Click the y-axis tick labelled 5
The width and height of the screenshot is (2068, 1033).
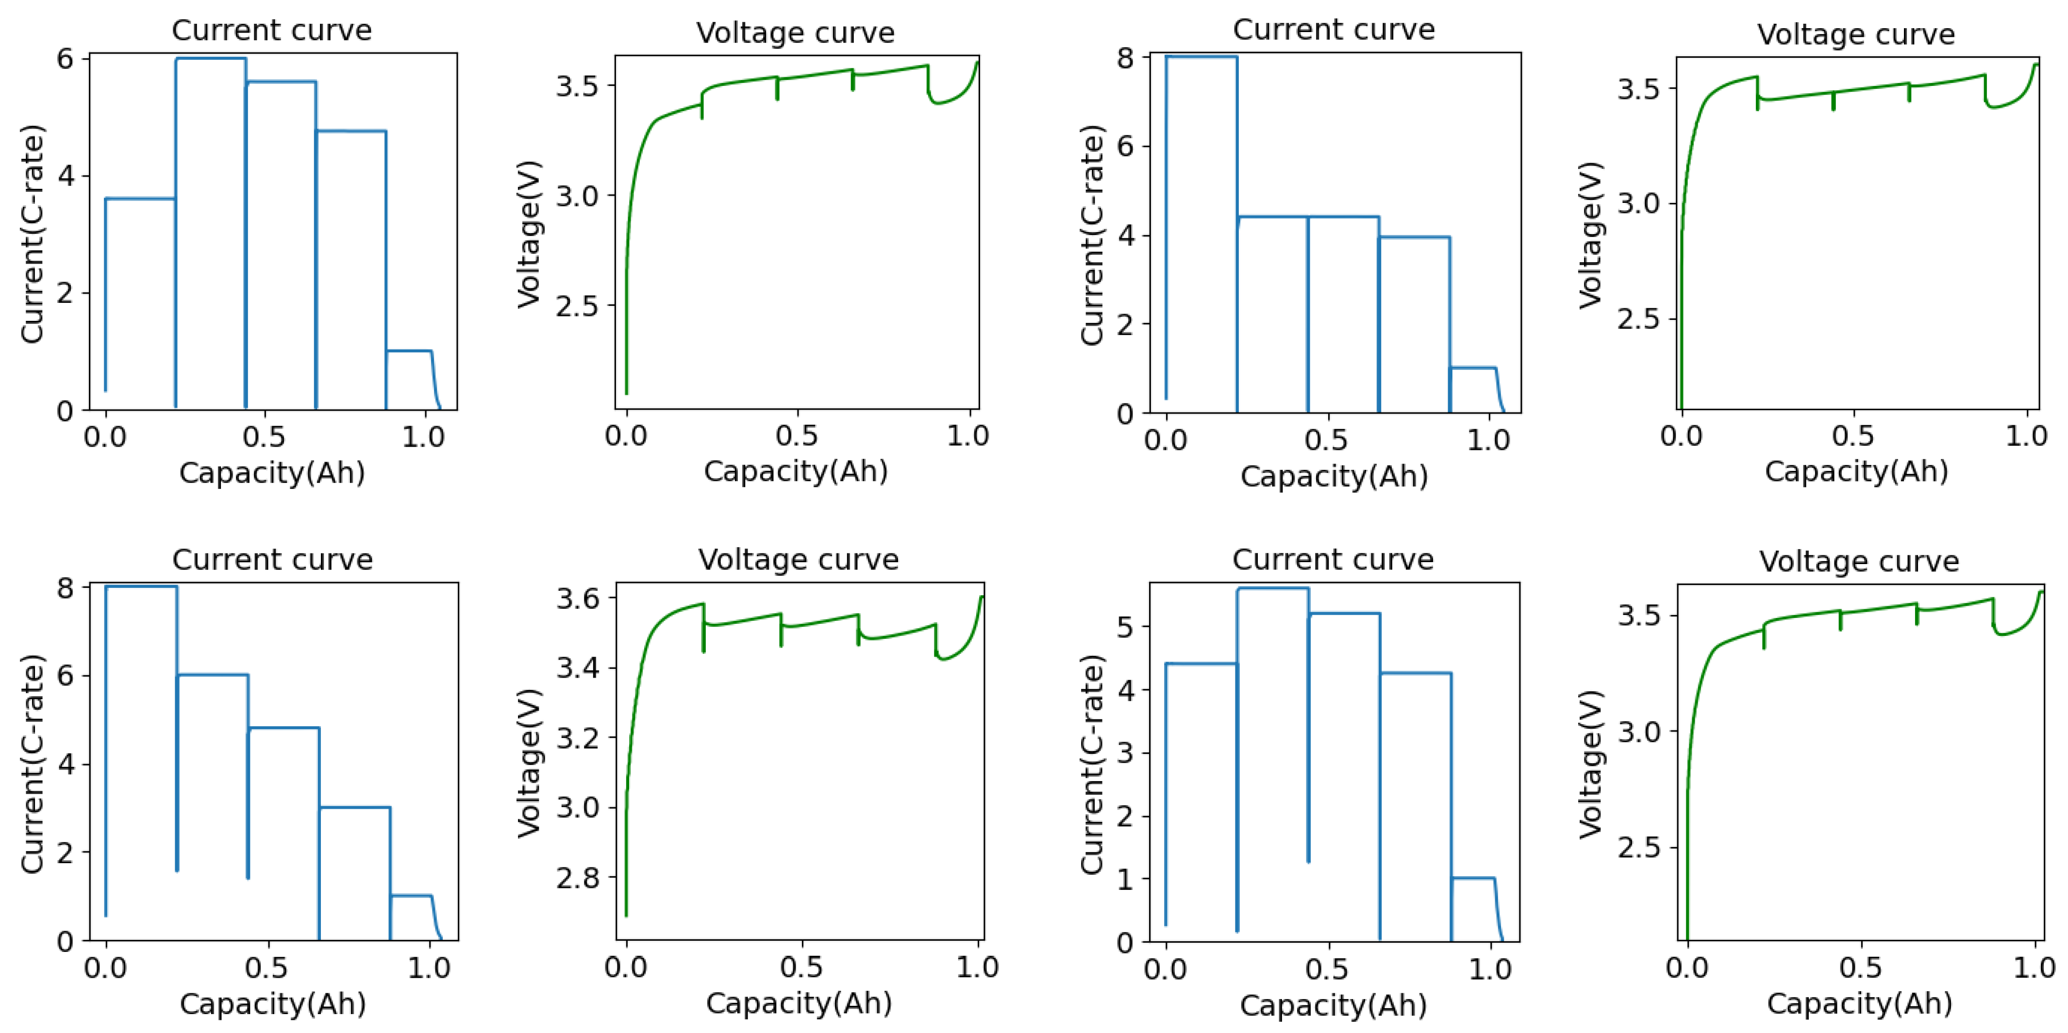click(x=1128, y=627)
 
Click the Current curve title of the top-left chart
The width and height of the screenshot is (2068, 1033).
click(x=271, y=31)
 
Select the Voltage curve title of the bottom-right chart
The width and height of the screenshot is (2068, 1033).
click(x=1858, y=561)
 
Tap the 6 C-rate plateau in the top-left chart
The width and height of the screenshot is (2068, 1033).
click(x=210, y=59)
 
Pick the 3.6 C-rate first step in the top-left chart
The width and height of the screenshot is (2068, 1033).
click(x=140, y=199)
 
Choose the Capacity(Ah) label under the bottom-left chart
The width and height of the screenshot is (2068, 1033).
click(x=272, y=1003)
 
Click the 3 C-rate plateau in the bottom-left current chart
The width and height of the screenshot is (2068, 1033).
click(x=355, y=807)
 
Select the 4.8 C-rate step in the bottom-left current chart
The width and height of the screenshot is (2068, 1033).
click(x=284, y=728)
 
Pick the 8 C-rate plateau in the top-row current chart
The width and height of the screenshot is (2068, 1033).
click(x=1201, y=57)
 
